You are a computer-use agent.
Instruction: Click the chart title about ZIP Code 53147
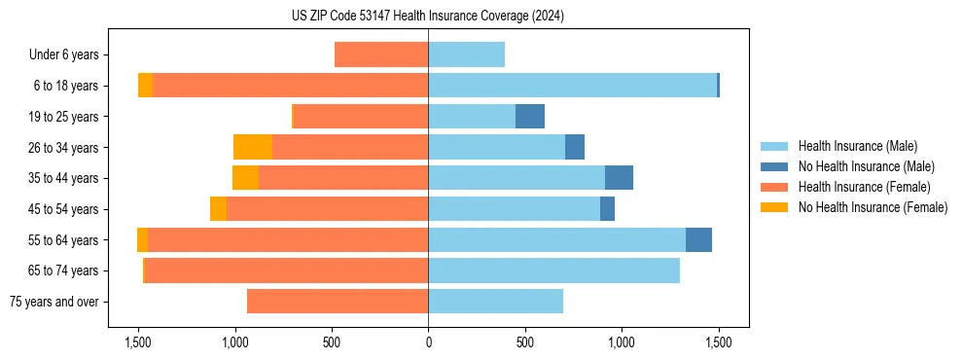click(x=427, y=17)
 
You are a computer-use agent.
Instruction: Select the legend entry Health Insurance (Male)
click(x=856, y=146)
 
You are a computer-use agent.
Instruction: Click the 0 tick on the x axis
click(x=428, y=342)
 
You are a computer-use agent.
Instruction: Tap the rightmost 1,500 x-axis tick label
click(x=718, y=342)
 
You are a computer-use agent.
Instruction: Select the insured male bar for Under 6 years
click(x=466, y=55)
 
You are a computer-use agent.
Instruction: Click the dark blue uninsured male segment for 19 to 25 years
click(x=530, y=117)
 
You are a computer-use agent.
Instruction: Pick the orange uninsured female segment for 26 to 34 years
click(x=253, y=147)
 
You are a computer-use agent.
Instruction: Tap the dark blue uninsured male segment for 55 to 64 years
click(x=698, y=240)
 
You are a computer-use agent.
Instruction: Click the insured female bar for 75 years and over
click(x=338, y=302)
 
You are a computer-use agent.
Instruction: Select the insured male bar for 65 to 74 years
click(x=553, y=270)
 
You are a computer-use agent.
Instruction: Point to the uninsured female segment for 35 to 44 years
click(x=245, y=178)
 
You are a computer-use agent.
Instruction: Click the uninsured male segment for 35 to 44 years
click(x=619, y=178)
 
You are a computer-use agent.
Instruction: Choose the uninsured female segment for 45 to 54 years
click(x=218, y=209)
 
